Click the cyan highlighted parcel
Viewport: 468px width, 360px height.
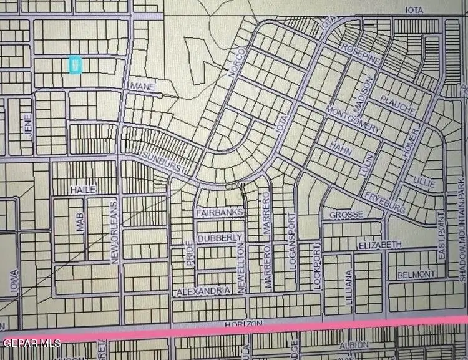pyautogui.click(x=74, y=65)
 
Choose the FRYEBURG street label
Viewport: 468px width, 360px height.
pyautogui.click(x=386, y=202)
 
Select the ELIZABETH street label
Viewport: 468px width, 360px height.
pyautogui.click(x=380, y=245)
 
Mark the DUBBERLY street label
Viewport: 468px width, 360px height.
pyautogui.click(x=219, y=238)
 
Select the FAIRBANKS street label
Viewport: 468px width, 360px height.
pyautogui.click(x=219, y=213)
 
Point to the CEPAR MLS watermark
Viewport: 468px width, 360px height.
pyautogui.click(x=32, y=343)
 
